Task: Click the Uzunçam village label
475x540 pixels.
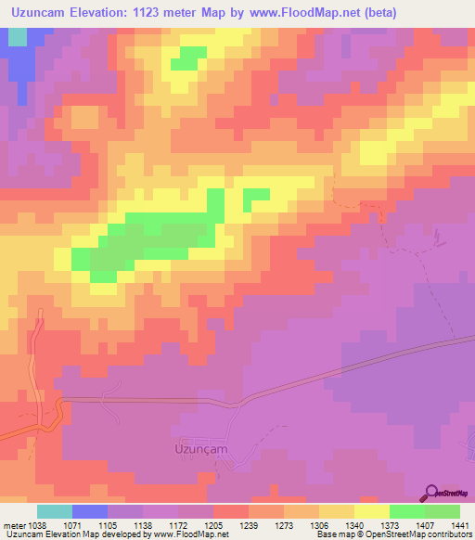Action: pos(200,446)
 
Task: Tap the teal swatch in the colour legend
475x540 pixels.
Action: pos(55,511)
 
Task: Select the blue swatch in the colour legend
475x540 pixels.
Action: pos(90,511)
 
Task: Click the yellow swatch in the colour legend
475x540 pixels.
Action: pos(371,511)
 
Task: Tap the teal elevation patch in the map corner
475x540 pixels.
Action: pos(17,36)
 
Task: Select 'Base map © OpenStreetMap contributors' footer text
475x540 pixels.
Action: pos(392,534)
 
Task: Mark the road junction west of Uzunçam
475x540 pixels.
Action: pos(61,401)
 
